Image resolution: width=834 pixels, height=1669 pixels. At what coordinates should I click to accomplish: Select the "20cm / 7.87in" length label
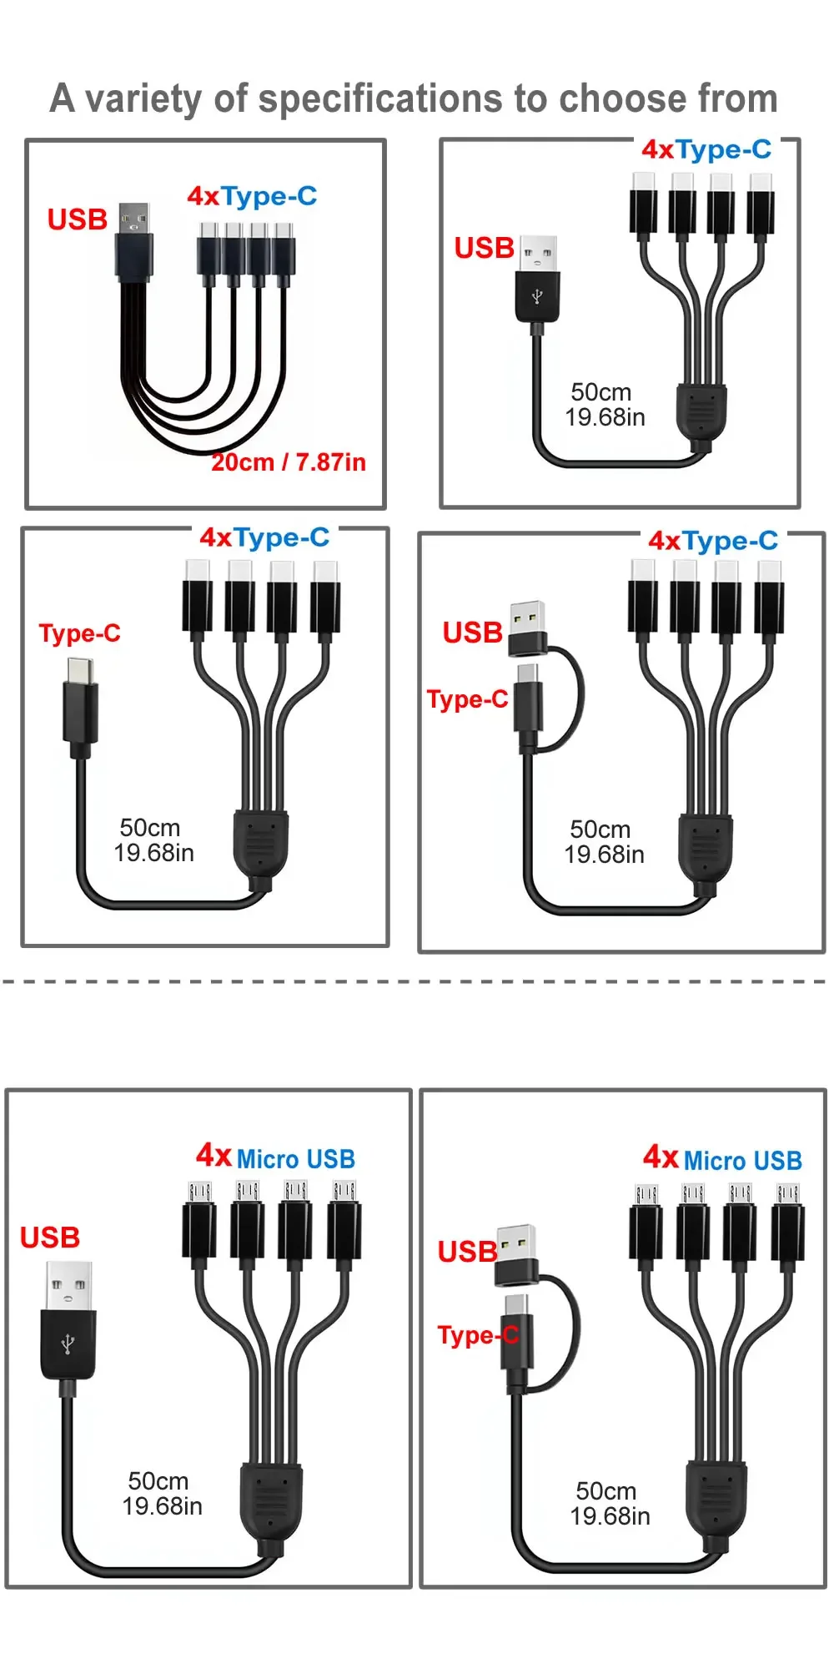click(289, 462)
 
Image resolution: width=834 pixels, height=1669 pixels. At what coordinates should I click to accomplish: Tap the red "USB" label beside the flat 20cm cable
click(78, 220)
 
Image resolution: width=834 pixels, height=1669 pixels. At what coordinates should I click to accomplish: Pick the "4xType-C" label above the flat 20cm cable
click(252, 197)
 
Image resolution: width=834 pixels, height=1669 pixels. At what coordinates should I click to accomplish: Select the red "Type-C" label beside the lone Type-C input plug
click(80, 633)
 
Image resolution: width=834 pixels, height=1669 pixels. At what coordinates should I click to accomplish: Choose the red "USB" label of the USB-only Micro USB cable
click(50, 1238)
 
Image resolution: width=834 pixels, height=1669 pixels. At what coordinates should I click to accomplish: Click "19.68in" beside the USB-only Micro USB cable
click(163, 1506)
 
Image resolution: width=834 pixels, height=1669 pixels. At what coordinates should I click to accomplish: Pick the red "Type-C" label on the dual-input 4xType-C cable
click(468, 699)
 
